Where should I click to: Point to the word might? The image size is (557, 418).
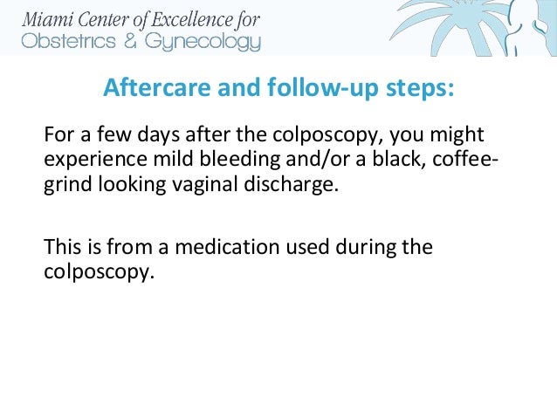459,137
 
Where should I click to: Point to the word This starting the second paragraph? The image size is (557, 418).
61,247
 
